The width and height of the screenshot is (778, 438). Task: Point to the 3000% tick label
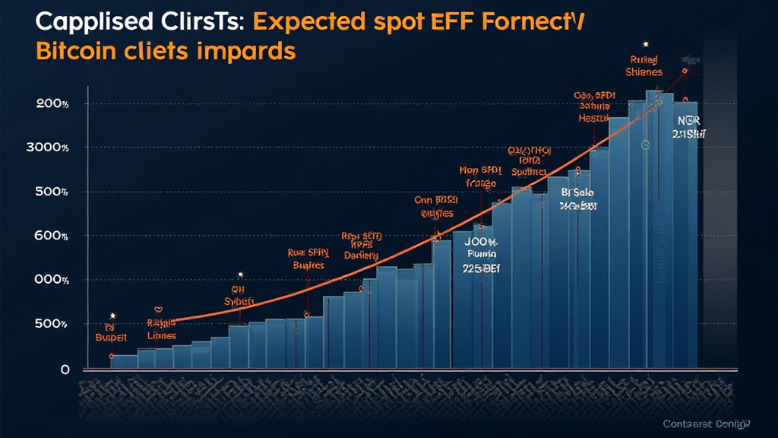tap(47, 148)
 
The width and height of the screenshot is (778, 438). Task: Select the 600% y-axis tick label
tap(52, 236)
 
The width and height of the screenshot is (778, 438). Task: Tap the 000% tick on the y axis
tap(52, 280)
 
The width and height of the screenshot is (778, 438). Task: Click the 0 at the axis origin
tap(65, 370)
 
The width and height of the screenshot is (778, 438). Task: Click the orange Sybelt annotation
tap(242, 301)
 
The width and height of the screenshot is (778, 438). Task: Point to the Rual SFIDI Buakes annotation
tap(308, 259)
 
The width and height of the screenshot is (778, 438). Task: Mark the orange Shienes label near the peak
tap(644, 72)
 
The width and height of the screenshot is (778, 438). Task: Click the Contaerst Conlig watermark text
tap(706, 424)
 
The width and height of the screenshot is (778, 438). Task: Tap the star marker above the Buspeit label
tap(112, 314)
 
